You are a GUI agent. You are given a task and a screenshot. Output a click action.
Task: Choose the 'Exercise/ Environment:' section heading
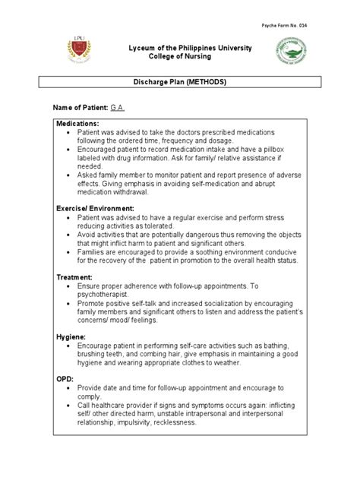click(95, 207)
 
